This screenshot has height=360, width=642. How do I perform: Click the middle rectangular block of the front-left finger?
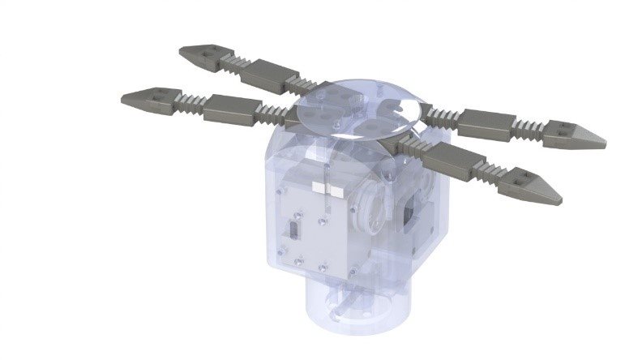point(230,109)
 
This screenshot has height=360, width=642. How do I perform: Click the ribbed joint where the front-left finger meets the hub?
point(271,116)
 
